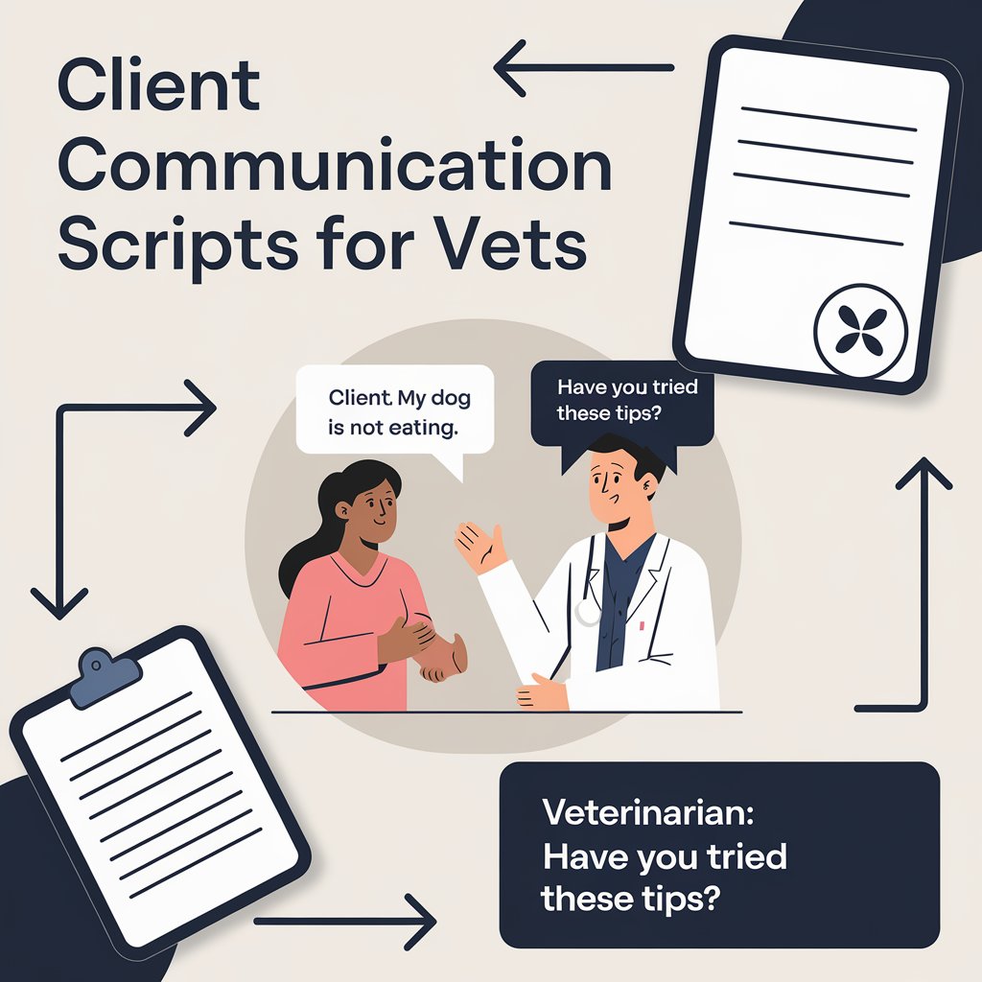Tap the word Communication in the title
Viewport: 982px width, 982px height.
point(334,168)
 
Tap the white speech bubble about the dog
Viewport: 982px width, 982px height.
point(394,410)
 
